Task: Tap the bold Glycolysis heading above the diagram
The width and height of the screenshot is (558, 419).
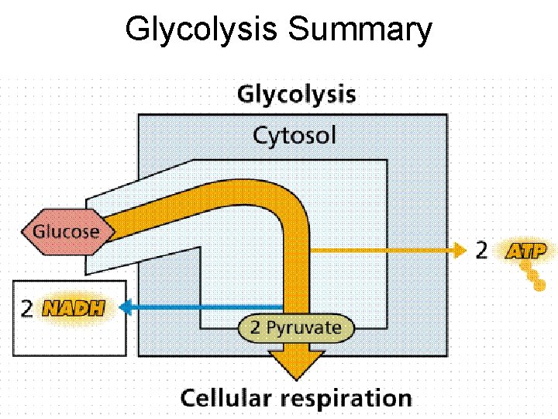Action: click(296, 95)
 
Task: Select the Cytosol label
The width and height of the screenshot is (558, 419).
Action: click(294, 136)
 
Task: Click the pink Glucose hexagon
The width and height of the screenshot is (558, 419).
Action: click(66, 231)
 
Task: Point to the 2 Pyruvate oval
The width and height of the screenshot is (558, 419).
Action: click(295, 327)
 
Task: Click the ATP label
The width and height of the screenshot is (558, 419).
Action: click(526, 251)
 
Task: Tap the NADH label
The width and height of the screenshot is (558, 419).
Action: click(73, 309)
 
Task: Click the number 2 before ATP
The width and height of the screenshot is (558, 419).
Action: click(481, 251)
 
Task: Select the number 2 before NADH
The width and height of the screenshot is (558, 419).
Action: click(26, 309)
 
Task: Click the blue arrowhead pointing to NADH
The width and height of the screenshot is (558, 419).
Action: click(125, 308)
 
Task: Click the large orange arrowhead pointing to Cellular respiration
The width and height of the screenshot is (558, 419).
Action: click(295, 363)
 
